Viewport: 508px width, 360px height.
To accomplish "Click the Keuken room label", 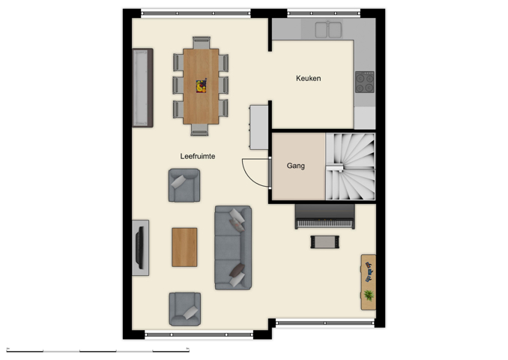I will click(x=308, y=78).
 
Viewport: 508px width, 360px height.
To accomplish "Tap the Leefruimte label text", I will click(x=198, y=156).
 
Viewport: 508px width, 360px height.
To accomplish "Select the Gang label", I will click(x=295, y=166).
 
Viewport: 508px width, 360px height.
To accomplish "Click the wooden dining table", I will click(x=201, y=86).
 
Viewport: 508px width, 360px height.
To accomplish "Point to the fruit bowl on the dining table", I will click(x=201, y=86).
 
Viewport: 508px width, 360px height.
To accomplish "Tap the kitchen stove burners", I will click(x=365, y=81).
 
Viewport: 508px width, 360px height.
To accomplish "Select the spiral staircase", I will click(x=350, y=166).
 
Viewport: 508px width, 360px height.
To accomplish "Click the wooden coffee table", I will click(x=184, y=247).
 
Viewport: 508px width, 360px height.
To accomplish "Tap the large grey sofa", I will click(x=232, y=247).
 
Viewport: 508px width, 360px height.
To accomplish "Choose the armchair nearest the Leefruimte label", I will click(x=184, y=185).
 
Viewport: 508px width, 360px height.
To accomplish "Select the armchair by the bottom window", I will click(x=184, y=308).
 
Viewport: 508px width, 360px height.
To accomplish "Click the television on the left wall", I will click(x=139, y=247).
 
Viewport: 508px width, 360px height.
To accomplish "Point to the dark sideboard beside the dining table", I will click(x=142, y=88).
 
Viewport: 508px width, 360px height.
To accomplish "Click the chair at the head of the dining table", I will click(x=201, y=42).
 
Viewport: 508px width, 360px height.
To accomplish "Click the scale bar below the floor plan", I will click(x=97, y=350).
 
